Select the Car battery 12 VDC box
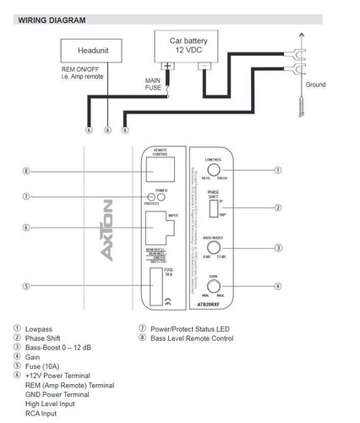click(188, 44)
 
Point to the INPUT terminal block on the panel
click(161, 227)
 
